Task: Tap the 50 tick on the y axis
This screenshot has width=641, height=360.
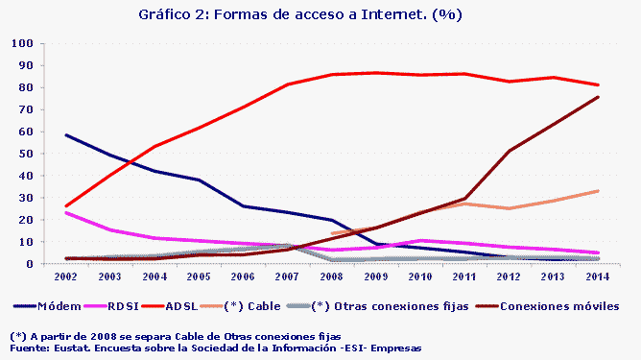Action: pos(22,154)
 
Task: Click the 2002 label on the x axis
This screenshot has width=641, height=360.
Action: pos(65,277)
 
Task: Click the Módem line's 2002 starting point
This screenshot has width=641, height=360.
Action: pos(65,135)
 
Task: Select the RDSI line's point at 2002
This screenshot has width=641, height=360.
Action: pos(65,212)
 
